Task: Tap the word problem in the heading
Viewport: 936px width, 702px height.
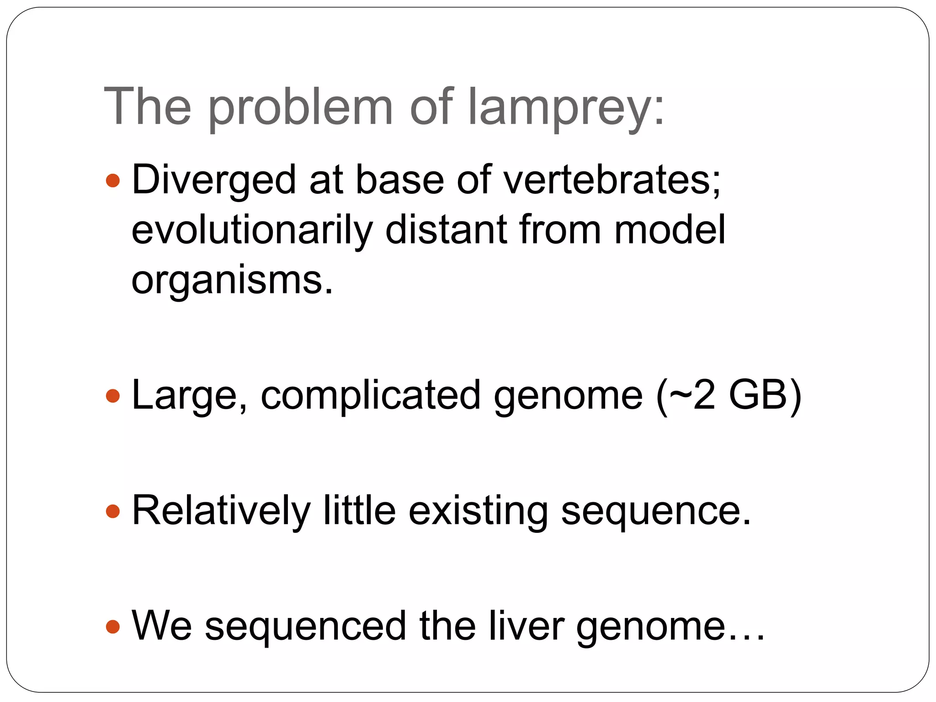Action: click(301, 108)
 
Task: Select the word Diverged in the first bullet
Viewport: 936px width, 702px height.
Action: click(214, 180)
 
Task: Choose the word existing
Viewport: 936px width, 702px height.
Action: click(478, 511)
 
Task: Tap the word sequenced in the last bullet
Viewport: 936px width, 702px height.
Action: click(305, 626)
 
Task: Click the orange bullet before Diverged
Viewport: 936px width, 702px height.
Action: click(112, 181)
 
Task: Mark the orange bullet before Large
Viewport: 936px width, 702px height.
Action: click(112, 396)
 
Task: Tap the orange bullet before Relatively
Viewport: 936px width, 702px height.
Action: click(112, 511)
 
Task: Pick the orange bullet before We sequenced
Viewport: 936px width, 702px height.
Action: click(112, 626)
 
